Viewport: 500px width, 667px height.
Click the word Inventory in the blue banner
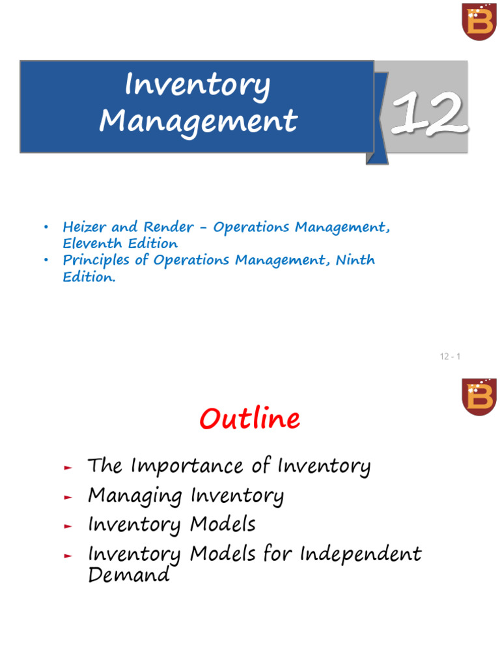(197, 85)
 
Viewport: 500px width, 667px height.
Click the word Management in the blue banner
(198, 122)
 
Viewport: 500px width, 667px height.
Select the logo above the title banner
(479, 21)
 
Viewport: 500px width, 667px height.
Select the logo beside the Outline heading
(479, 397)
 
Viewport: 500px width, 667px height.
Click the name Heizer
(84, 227)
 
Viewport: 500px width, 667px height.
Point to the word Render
(169, 227)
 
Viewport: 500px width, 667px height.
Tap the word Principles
(96, 261)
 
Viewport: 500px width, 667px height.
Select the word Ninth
(355, 259)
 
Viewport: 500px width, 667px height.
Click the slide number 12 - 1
(450, 356)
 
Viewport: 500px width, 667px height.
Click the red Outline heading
(249, 419)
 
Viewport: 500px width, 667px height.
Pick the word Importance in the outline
(187, 466)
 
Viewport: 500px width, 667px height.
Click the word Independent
(361, 554)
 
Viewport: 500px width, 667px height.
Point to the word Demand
(129, 575)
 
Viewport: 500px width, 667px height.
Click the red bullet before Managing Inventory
(68, 497)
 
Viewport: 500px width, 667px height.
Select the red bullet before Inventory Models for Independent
(68, 556)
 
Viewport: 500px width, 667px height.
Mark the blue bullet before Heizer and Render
(46, 227)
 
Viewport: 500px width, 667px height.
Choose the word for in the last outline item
(277, 553)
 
